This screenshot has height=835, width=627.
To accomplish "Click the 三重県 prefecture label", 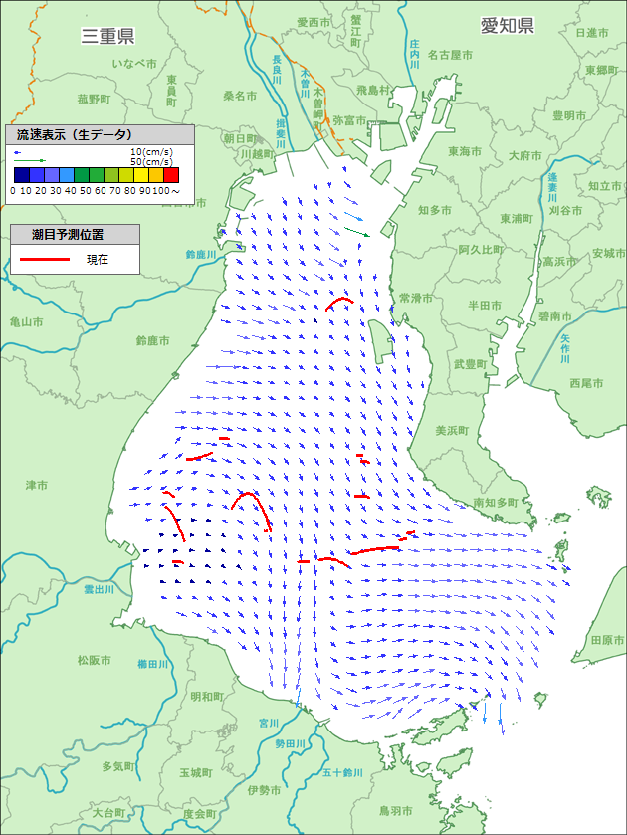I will coord(107,37).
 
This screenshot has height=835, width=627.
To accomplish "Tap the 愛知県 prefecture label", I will coord(508,26).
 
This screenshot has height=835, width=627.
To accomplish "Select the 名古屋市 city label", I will coord(450,55).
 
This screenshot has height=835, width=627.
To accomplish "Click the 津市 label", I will coord(37,485).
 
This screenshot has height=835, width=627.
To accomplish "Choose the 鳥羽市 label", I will coord(369,810).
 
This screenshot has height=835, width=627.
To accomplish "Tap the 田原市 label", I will coord(606,640).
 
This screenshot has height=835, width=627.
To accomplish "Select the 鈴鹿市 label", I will coord(153,341).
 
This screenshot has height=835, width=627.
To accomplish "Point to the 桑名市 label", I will coord(240,96).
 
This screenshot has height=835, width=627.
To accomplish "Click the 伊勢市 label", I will coord(266,790).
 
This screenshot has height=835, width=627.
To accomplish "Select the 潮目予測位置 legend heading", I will coord(76,235).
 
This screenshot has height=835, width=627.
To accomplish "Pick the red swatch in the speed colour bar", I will coord(171,176).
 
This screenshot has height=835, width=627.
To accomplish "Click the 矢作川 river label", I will coord(564,349).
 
